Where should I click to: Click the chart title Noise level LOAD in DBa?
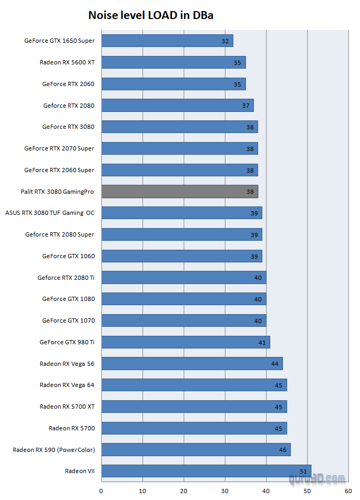(150, 16)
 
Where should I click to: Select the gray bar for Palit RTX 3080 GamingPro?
(179, 191)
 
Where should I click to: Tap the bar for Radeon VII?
(206, 471)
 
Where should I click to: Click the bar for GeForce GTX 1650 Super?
(167, 41)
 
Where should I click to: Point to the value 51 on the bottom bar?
(303, 471)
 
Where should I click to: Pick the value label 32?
(225, 41)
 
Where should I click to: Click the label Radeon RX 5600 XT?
(67, 62)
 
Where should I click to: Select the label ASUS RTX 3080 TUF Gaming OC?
(50, 213)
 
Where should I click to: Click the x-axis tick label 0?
(101, 491)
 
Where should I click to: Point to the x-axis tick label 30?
(225, 491)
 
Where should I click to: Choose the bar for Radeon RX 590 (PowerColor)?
(196, 449)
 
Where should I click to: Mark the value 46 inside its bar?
(282, 449)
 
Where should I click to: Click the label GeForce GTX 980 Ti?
(67, 342)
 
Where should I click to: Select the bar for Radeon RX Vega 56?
(192, 363)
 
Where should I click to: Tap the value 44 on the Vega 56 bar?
(274, 363)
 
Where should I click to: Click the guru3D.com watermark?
(317, 479)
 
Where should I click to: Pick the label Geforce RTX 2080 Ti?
(66, 277)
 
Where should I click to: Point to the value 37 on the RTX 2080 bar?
(246, 106)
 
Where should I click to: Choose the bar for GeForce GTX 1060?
(182, 256)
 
